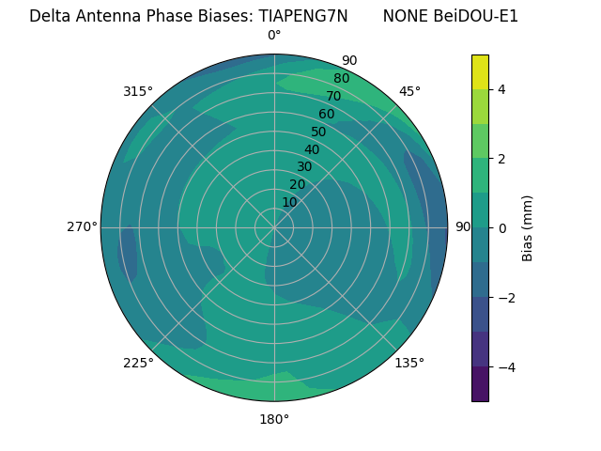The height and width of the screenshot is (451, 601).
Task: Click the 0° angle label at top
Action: coord(274,36)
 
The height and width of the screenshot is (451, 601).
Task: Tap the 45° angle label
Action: coord(409,91)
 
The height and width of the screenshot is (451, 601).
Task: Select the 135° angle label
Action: coord(409,363)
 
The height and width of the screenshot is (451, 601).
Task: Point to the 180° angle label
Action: coord(274,419)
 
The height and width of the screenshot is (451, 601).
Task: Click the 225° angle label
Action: coord(138,363)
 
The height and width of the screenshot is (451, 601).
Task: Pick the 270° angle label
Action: coord(82,226)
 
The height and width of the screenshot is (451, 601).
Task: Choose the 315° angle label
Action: coord(138,91)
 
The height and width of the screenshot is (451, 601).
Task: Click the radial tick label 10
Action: coord(289,202)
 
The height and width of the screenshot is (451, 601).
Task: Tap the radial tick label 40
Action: coord(312,149)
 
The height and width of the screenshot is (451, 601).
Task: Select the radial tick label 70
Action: coord(333,96)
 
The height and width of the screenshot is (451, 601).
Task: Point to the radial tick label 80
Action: coord(341,78)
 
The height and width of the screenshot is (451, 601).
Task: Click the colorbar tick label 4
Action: coord(501,89)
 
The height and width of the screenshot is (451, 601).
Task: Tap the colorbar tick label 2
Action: coord(501,159)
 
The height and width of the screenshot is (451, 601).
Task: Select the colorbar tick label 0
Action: coord(501,227)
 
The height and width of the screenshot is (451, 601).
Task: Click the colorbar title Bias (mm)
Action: coord(528,227)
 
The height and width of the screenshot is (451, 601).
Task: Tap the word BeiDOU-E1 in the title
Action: coord(476,16)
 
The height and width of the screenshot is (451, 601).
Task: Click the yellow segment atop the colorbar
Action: coord(480,71)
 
